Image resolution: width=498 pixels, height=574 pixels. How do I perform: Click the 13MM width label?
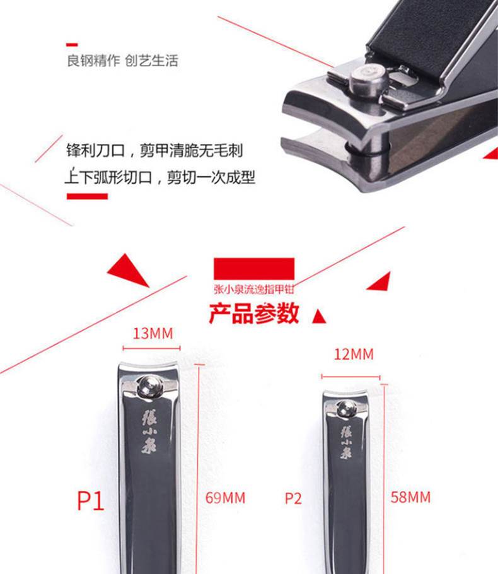pos(153,334)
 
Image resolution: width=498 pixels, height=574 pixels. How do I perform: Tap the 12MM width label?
pos(354,354)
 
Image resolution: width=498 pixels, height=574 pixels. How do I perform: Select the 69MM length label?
pos(225,498)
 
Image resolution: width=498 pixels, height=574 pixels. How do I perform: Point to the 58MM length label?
pos(410,497)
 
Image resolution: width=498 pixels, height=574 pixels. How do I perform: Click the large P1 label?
pos(91,500)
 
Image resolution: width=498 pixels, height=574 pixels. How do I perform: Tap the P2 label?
pos(293,498)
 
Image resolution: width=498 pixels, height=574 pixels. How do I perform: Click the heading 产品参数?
pos(254,313)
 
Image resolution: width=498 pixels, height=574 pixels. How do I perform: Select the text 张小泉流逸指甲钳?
pos(254,289)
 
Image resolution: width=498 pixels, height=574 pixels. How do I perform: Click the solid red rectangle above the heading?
pos(254,269)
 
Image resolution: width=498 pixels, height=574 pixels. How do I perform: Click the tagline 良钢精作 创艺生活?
pos(122,61)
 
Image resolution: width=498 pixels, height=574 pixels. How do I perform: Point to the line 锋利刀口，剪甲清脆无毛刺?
pos(154,151)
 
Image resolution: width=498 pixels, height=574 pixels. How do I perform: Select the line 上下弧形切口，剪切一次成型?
pos(160,177)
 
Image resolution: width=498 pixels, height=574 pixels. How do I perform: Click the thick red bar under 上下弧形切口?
pos(87,197)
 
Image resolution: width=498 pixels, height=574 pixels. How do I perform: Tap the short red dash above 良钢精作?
pos(72,45)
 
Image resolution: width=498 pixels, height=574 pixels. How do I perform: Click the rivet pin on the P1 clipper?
pos(150,387)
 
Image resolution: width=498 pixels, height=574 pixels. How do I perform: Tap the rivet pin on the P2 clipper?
pos(345,409)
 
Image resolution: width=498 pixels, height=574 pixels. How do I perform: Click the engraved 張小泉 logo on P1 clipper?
pos(149,431)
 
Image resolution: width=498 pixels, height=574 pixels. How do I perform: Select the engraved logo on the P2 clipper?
pos(345,442)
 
